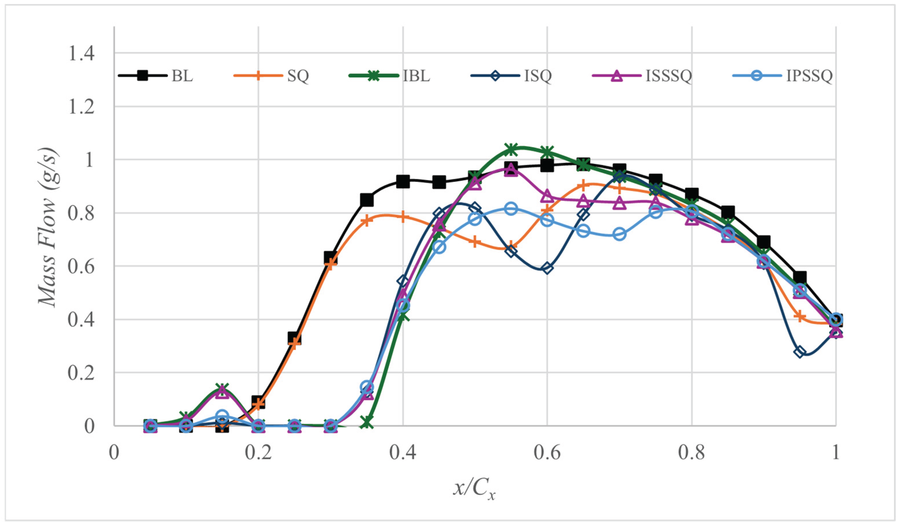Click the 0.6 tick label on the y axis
pos(81,266)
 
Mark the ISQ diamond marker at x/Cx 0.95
pos(800,352)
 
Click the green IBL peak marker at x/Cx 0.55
pos(511,150)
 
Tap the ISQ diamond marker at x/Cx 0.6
pos(547,268)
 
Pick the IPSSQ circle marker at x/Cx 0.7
pos(620,234)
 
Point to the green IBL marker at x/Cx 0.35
pos(367,422)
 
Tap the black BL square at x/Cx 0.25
pos(294,338)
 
